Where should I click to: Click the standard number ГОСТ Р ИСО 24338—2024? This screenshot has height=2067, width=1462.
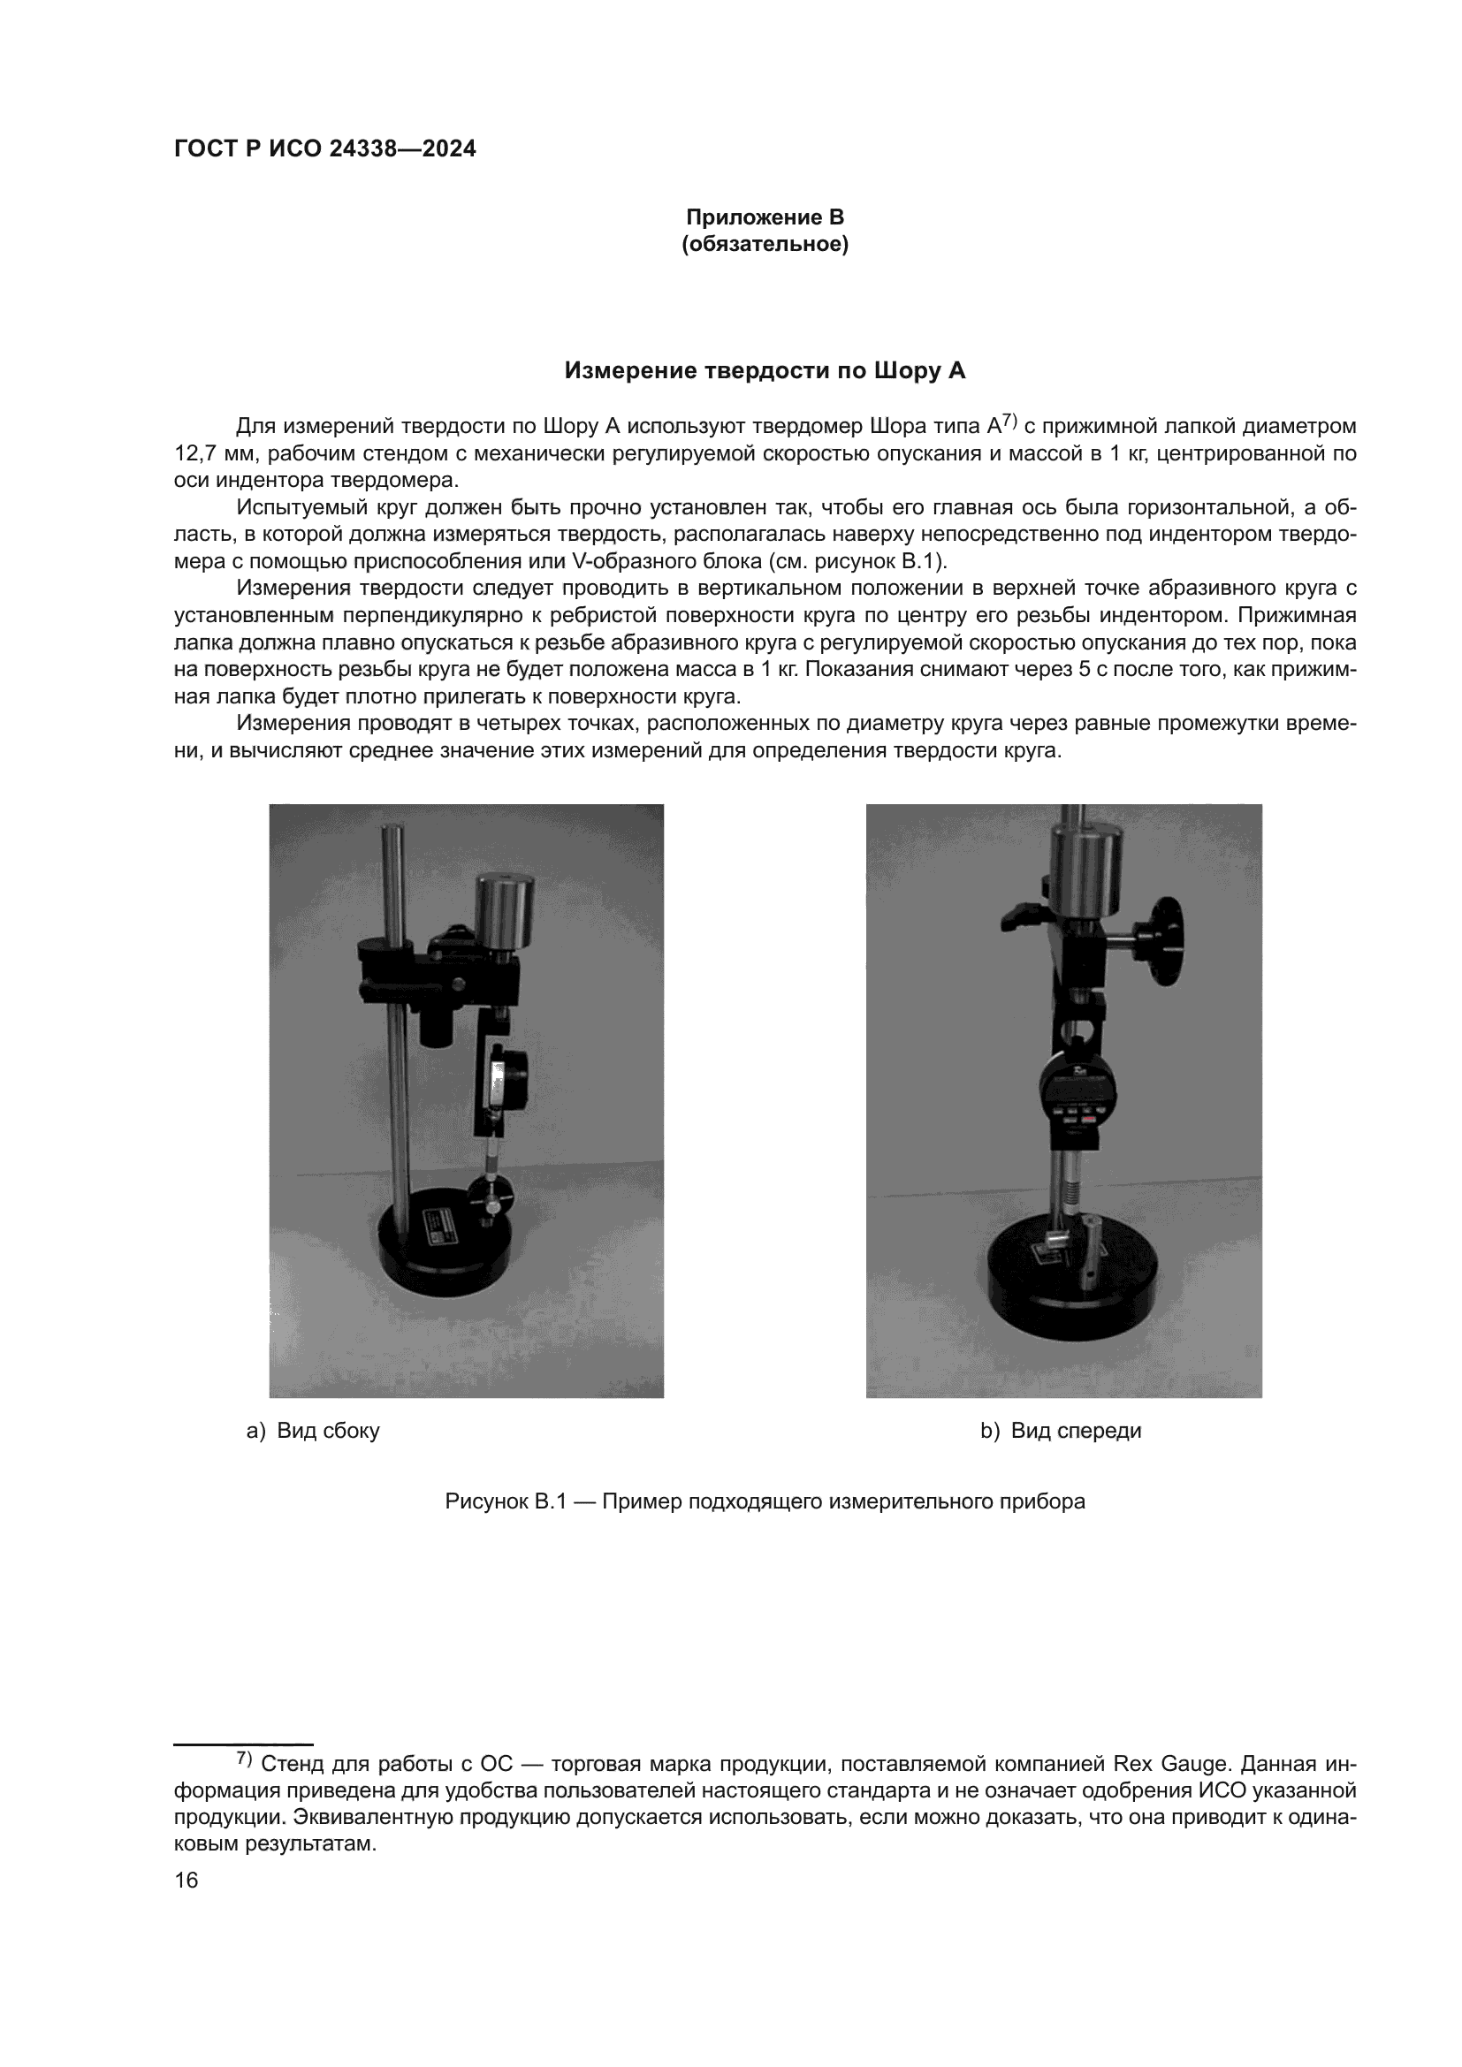325,149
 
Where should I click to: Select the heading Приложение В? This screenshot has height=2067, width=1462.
765,217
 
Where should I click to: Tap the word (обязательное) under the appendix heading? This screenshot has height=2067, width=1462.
765,244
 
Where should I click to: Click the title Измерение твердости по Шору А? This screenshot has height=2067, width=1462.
765,371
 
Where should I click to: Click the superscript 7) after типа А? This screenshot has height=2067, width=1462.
1009,420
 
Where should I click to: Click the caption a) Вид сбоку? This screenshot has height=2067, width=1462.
313,1431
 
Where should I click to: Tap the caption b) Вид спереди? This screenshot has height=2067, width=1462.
1061,1431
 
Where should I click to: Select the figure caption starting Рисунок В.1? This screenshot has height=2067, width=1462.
765,1501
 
